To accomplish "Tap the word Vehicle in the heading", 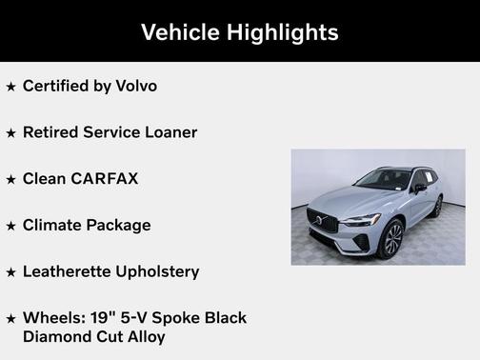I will (180, 31).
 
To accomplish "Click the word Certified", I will (54, 86).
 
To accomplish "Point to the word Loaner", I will (169, 132).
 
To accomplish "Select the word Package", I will (118, 225).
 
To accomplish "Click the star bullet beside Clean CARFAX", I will (10, 179).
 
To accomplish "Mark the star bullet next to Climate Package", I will (10, 226).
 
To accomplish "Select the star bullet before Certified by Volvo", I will (10, 87).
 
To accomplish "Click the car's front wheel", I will (390, 238).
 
